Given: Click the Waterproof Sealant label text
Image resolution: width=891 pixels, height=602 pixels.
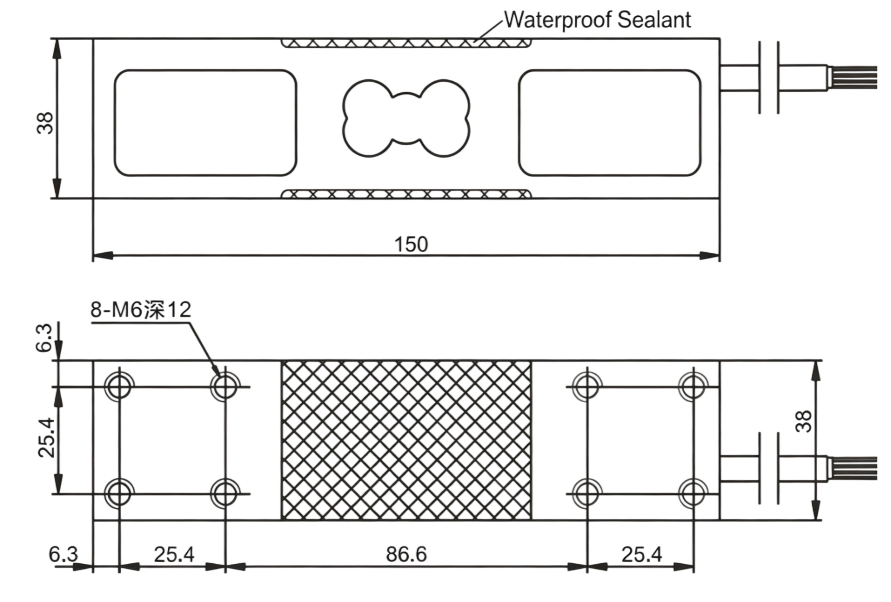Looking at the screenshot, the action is coord(597,20).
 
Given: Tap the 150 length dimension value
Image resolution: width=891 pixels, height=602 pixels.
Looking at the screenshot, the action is coord(411,244).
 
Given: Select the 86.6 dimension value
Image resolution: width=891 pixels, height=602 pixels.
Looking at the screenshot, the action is coord(406,554).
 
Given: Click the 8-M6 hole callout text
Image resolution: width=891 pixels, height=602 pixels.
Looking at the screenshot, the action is coord(140,310).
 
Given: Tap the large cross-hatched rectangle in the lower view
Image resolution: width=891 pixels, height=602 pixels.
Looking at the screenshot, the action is coord(407,440).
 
